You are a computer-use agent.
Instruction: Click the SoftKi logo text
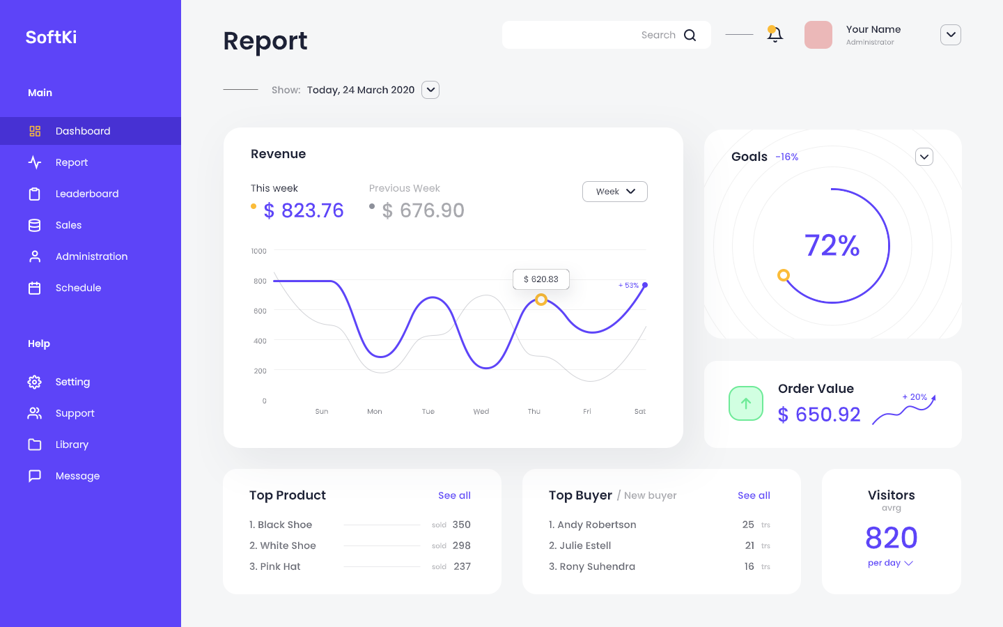click(51, 37)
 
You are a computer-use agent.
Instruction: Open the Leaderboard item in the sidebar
click(86, 194)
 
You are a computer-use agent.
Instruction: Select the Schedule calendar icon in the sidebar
click(35, 288)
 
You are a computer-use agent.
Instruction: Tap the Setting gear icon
click(35, 382)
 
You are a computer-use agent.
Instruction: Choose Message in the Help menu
click(77, 476)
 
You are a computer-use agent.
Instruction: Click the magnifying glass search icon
click(690, 35)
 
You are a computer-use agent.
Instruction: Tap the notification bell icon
click(775, 34)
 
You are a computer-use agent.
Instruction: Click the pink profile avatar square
click(818, 35)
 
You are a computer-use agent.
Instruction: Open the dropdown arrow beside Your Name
click(950, 35)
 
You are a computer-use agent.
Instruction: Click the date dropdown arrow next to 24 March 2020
click(430, 90)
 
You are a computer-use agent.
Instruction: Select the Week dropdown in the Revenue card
click(614, 192)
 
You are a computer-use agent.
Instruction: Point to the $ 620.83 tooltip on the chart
click(541, 279)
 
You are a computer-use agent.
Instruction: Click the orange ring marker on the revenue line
click(541, 300)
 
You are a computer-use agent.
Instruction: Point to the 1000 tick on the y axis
click(259, 251)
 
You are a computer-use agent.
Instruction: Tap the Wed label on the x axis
click(481, 412)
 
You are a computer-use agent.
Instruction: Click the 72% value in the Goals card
click(832, 245)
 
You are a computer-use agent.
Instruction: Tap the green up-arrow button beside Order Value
click(746, 403)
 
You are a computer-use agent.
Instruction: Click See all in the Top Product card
click(454, 495)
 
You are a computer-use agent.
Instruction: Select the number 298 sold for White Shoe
click(461, 545)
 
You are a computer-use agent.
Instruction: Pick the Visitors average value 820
click(891, 538)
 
